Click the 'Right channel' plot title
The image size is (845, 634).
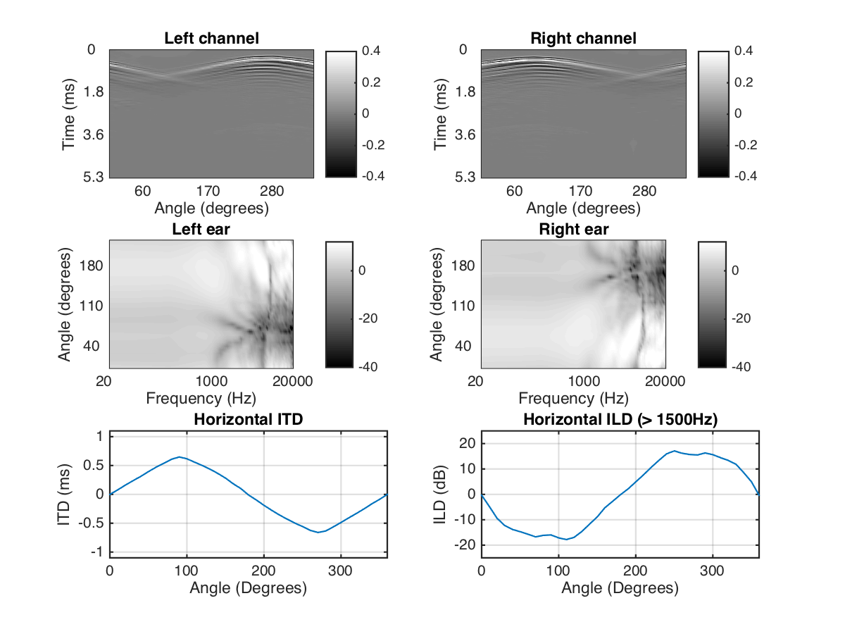(583, 38)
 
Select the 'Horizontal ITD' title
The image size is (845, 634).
(248, 420)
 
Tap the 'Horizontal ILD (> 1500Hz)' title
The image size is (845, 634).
(620, 420)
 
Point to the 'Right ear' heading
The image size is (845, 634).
(574, 229)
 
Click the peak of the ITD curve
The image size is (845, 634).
(180, 457)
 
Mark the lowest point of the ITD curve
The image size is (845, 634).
(318, 532)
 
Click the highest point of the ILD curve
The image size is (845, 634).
(674, 451)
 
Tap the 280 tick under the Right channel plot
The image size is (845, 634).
(644, 191)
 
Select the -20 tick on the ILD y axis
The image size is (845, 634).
(465, 545)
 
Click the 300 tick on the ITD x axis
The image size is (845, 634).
(341, 570)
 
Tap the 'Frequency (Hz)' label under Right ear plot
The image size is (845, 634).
(575, 398)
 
